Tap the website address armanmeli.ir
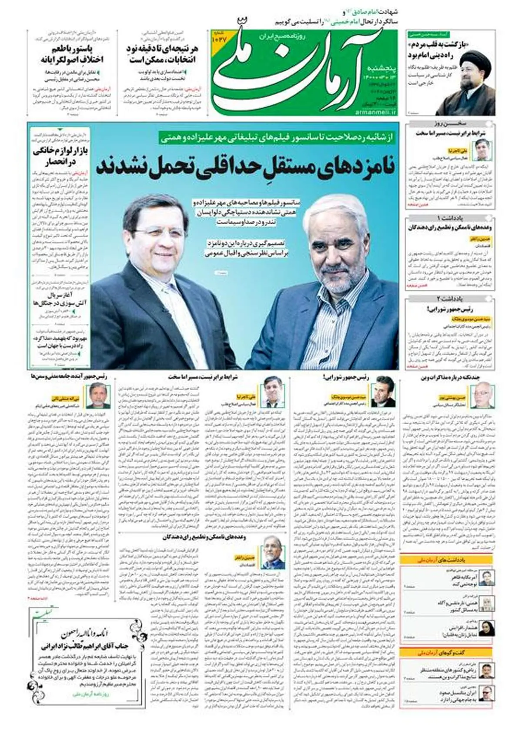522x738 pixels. (x=376, y=112)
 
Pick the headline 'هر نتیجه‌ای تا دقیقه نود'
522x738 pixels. (x=162, y=54)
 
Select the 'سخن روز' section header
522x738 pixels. (x=451, y=124)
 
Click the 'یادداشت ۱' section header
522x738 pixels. (x=451, y=218)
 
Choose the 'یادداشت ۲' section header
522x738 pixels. (x=451, y=299)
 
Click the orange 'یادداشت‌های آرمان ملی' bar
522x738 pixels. (x=448, y=561)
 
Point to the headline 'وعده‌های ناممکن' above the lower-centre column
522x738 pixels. (x=205, y=537)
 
